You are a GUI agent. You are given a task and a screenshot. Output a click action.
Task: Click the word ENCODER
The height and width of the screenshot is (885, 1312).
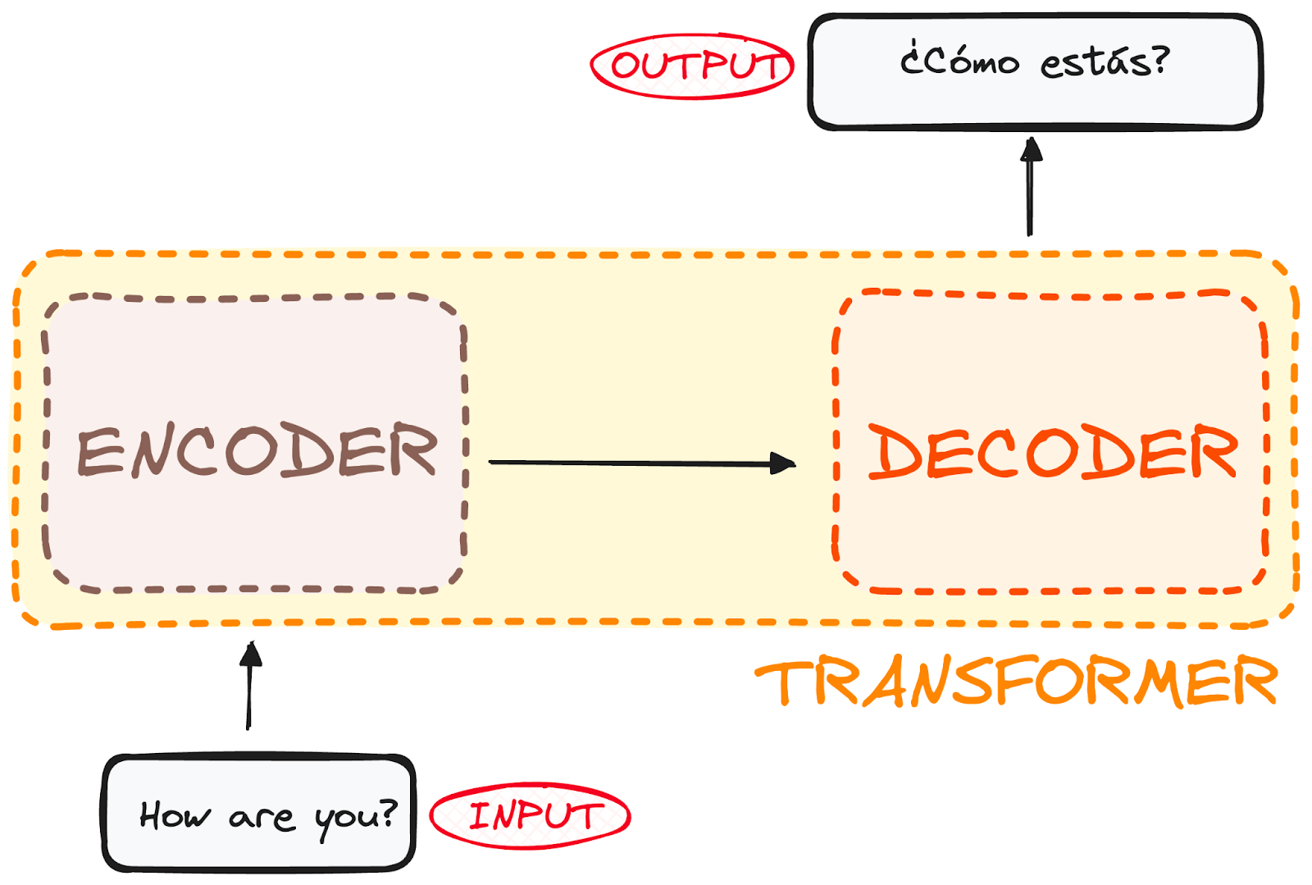coord(257,451)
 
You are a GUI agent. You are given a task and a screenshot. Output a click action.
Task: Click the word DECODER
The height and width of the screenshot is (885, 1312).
coord(1052,451)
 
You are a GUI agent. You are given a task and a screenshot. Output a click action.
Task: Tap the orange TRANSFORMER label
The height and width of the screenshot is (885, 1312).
coord(1015,682)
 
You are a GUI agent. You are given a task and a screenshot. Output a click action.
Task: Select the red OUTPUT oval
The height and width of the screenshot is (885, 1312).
coord(693,66)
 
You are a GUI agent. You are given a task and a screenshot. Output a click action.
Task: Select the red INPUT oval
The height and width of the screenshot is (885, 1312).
coord(531,816)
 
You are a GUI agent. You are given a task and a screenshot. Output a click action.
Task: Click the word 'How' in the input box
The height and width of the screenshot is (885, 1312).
coord(175,816)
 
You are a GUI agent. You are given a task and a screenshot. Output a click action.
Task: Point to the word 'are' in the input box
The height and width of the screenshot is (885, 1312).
coord(262,818)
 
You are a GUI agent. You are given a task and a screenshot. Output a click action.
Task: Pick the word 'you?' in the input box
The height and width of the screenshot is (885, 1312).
coord(356,817)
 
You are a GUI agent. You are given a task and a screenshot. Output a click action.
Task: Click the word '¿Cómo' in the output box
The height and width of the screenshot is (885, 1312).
coord(959,61)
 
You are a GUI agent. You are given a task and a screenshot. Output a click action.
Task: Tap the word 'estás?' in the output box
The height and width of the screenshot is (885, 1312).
coord(1105,62)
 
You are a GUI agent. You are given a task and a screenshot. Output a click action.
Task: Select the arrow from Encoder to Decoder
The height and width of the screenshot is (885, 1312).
coord(640,463)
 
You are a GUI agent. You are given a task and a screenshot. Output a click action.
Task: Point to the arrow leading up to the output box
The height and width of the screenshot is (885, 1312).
coord(1030,189)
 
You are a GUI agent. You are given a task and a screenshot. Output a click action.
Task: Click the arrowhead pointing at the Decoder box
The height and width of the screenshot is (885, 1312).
coord(783,463)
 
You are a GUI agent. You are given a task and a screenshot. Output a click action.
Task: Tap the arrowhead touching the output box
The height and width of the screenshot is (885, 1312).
coord(1031,149)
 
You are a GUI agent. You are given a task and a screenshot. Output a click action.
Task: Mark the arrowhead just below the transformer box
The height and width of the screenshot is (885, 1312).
coord(251,655)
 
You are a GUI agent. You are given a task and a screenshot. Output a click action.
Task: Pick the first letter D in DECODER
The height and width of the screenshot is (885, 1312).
coord(891,451)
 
